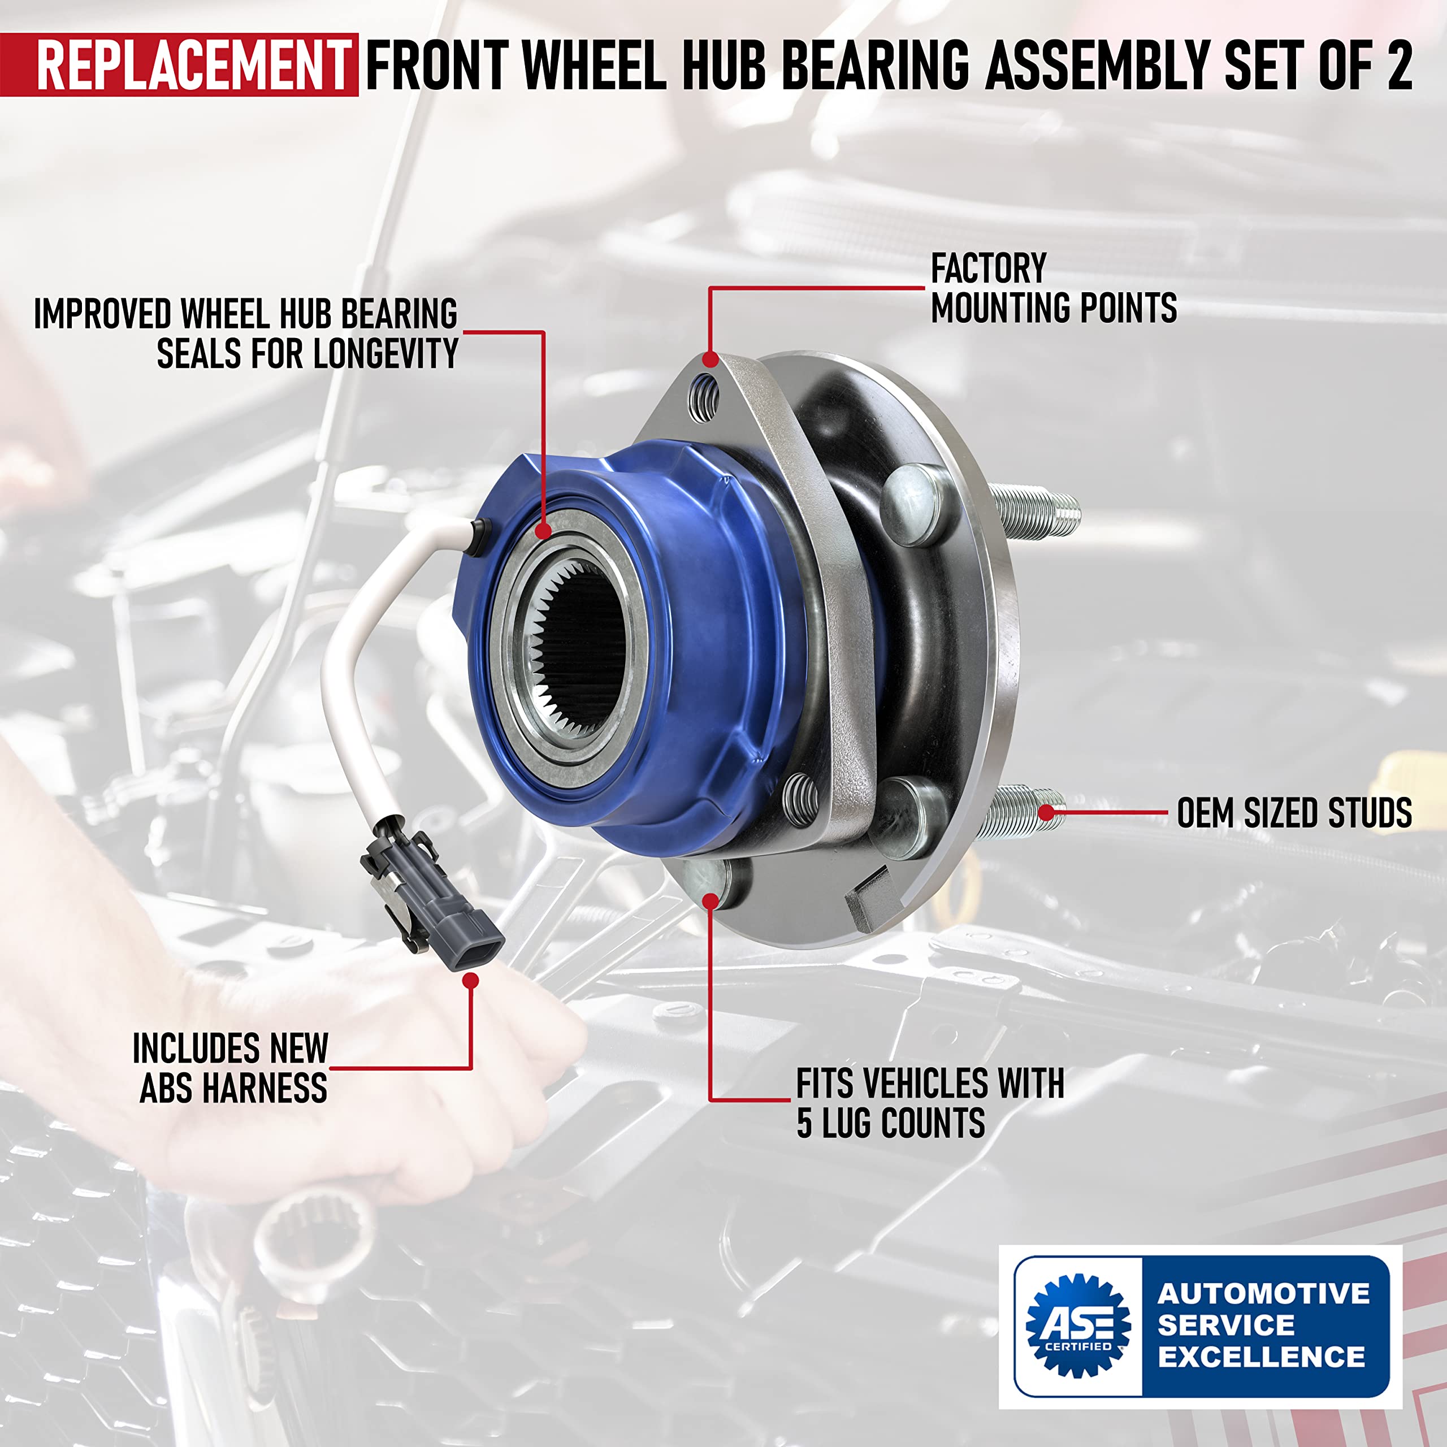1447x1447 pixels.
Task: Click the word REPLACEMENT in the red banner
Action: pyautogui.click(x=193, y=65)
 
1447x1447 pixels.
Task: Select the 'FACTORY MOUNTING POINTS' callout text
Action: pyautogui.click(x=1053, y=288)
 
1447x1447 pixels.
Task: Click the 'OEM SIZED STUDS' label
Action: pyautogui.click(x=1293, y=813)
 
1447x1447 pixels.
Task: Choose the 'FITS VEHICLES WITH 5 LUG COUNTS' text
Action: pyautogui.click(x=929, y=1103)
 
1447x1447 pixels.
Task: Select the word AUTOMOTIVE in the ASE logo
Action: pyautogui.click(x=1263, y=1293)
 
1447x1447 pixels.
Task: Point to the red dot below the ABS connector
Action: pyautogui.click(x=470, y=980)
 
